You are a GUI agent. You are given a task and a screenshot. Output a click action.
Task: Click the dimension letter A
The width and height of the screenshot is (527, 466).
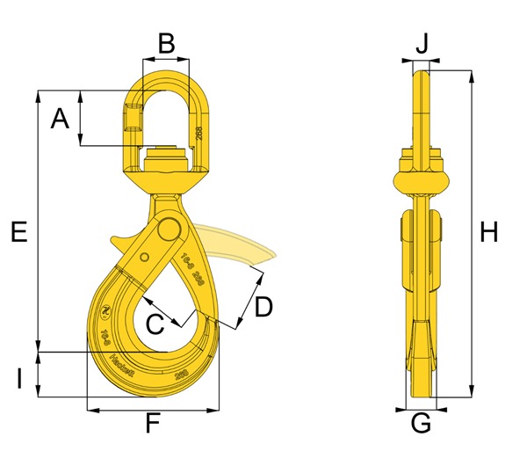click(59, 119)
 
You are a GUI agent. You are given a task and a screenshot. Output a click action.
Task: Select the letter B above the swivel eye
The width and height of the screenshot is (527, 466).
click(165, 40)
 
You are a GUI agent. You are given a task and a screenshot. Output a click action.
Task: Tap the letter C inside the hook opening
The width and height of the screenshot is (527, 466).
click(155, 324)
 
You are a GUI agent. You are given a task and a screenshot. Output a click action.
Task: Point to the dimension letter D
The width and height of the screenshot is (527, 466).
click(263, 307)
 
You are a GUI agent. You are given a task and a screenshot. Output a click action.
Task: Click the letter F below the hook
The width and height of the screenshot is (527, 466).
click(152, 426)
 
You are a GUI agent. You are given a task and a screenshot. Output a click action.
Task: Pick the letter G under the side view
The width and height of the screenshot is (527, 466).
click(421, 423)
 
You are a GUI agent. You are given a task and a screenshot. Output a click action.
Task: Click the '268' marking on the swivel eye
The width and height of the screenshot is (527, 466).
click(200, 134)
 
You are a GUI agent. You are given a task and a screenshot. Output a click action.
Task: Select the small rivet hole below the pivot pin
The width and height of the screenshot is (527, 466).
click(141, 257)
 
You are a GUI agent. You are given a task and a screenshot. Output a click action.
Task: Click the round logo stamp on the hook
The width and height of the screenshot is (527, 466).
click(105, 309)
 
